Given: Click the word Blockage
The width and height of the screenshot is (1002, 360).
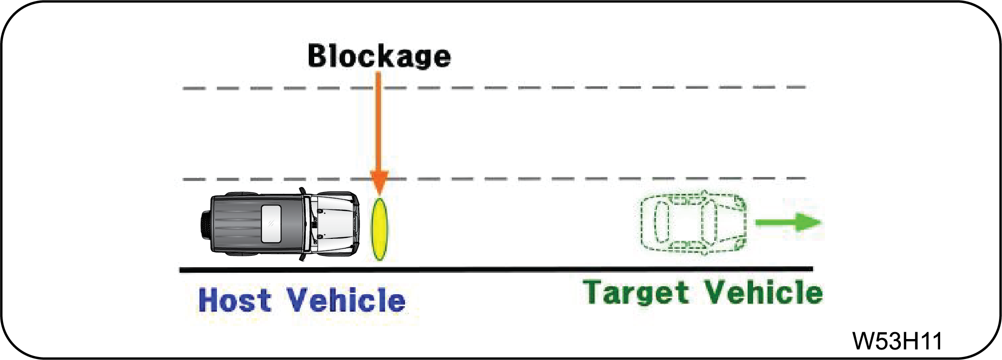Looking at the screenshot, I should pos(379,55).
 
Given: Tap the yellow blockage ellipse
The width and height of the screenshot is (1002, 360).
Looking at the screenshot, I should pos(380,229).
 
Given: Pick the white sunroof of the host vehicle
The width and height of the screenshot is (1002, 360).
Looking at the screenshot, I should pos(271,224).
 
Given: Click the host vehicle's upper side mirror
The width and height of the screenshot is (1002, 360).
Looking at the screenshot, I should pos(302,191).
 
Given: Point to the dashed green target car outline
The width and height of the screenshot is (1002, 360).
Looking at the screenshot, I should pos(693,222).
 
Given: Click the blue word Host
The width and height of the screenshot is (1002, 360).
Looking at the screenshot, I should pos(234,300).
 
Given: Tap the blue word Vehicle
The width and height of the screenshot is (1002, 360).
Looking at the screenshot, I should pos(346,300).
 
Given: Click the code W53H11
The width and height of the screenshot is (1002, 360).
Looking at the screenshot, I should pos(897,341).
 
